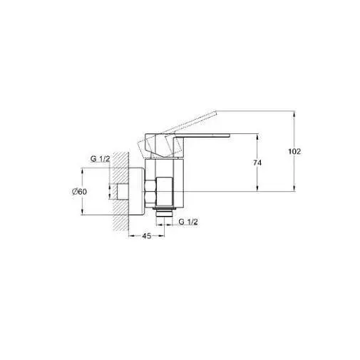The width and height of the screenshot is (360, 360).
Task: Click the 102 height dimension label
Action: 294,151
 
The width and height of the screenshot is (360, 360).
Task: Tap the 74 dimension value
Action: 257,163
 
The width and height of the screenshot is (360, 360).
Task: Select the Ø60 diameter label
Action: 80,192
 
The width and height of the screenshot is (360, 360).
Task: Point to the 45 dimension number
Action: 147,236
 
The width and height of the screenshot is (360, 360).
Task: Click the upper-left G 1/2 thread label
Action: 101,159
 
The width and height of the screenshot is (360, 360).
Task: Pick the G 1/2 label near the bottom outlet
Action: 188,222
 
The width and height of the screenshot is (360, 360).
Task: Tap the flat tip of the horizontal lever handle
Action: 229,135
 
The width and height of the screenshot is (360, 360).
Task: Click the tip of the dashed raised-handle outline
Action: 216,112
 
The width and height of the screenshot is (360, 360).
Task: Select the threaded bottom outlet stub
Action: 164,212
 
